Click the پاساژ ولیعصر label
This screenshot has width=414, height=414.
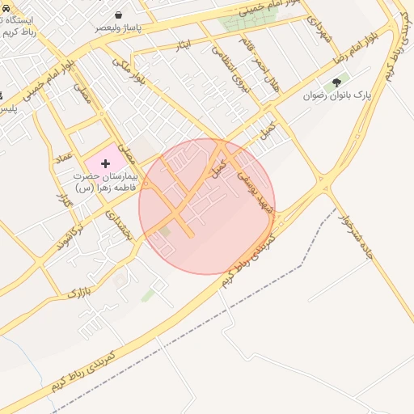point(119,27)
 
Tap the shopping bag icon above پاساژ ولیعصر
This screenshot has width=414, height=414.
point(119,15)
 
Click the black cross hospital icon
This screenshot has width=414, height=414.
point(105,163)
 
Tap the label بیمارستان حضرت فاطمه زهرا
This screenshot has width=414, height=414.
point(105,181)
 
